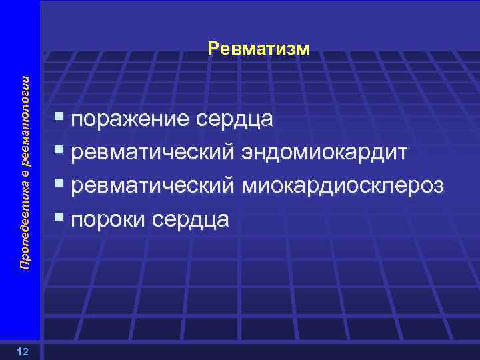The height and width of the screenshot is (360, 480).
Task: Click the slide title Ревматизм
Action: (259, 48)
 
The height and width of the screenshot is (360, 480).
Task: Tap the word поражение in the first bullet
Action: (130, 120)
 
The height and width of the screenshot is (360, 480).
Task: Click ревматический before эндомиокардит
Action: (153, 153)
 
